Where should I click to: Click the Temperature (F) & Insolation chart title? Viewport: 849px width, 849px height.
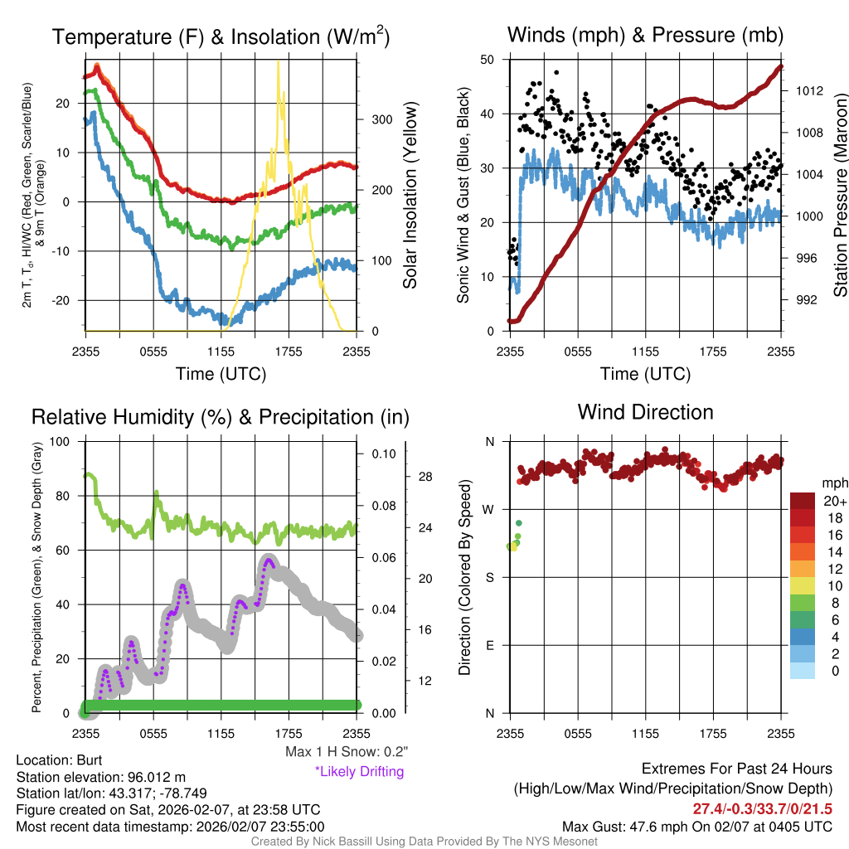pos(221,36)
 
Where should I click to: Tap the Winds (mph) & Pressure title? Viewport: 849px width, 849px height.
pos(645,35)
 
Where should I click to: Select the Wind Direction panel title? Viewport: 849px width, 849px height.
pos(645,412)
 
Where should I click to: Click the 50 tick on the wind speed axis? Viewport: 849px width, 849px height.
pos(487,60)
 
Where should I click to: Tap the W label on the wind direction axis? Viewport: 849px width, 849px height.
pos(489,509)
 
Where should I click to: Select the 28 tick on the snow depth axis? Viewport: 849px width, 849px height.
pos(426,477)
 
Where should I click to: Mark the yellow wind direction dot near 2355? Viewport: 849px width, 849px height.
pos(513,546)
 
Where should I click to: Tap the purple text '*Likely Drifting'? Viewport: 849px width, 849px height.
pos(359,772)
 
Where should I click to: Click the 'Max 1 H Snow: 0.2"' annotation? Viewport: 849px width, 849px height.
pos(346,752)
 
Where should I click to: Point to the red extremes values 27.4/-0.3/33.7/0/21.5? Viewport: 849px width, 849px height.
pos(761,808)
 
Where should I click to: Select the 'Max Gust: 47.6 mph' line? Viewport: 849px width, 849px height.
pos(696,827)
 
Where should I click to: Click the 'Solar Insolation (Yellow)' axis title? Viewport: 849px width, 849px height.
pos(410,196)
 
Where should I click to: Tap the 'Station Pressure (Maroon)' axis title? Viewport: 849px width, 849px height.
pos(839,196)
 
